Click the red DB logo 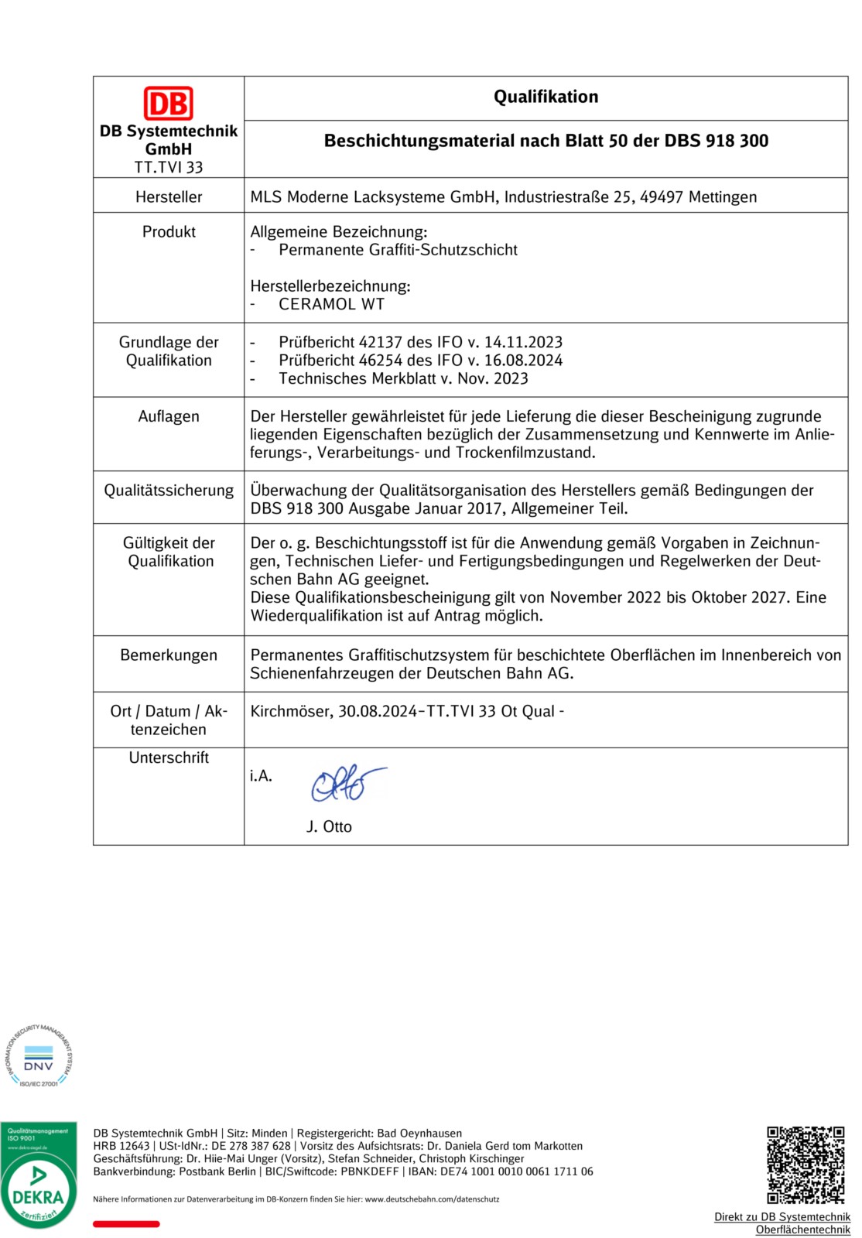[168, 103]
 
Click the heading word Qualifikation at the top [546, 97]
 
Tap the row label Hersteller [169, 197]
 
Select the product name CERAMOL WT [331, 304]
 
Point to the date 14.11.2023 [523, 342]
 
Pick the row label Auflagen [169, 416]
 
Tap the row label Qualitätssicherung [169, 490]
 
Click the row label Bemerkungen [169, 655]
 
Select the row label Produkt [169, 231]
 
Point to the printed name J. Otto [329, 826]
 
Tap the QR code [806, 1164]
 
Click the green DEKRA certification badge [38, 1175]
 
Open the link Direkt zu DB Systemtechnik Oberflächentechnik [782, 1223]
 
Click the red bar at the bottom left [126, 1224]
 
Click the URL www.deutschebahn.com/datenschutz [432, 1199]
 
